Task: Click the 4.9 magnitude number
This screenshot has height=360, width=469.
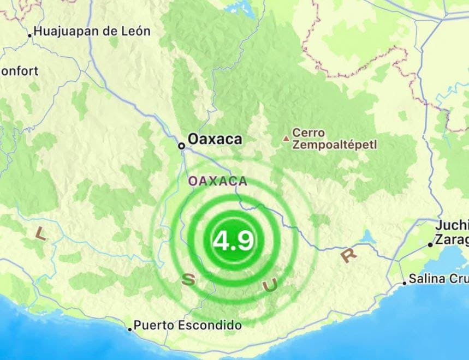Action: click(x=233, y=241)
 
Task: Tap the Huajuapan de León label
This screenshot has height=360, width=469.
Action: click(x=92, y=32)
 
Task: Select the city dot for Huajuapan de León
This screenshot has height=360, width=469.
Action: click(x=30, y=35)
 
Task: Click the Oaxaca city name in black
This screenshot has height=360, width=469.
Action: click(x=215, y=140)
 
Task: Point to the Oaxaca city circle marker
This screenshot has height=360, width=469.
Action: click(x=181, y=146)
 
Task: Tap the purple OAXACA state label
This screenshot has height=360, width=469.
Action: click(x=217, y=181)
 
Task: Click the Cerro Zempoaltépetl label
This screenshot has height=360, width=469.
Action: click(x=334, y=139)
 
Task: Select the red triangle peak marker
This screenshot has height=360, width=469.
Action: click(x=285, y=139)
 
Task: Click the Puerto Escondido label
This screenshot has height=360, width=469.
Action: click(x=187, y=326)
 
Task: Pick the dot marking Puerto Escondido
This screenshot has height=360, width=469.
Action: click(x=130, y=329)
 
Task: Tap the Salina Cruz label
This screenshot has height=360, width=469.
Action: click(x=438, y=279)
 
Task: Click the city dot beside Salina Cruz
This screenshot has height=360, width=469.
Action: click(x=405, y=283)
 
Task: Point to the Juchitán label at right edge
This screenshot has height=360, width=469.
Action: click(x=452, y=226)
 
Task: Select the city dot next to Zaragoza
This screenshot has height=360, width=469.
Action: click(x=430, y=245)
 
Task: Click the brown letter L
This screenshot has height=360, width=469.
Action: click(x=40, y=233)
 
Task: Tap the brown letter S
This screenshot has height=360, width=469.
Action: click(x=187, y=280)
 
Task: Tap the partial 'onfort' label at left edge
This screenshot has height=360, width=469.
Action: click(x=19, y=71)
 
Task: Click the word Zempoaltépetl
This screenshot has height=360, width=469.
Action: click(x=334, y=145)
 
